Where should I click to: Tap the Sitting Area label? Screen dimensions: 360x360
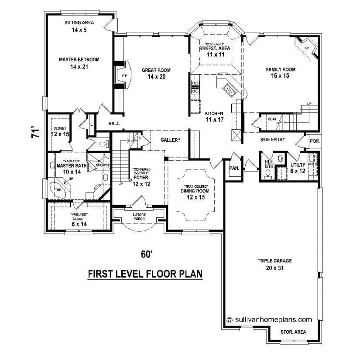coord(79,26)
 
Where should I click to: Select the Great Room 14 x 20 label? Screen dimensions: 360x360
coord(156,73)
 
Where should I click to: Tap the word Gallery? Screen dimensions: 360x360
coord(171,140)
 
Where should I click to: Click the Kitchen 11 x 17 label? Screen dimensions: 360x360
coord(214,116)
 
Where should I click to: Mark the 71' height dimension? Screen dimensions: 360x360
coord(35,133)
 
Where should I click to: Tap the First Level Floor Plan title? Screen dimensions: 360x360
coord(145,274)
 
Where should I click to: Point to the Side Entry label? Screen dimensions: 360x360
coord(273,140)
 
